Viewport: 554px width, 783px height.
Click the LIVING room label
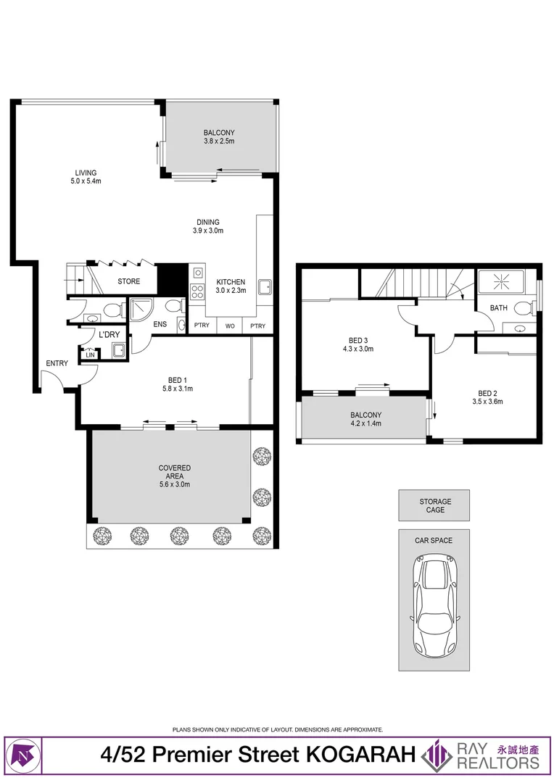86,173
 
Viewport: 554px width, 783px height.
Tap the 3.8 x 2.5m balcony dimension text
219,141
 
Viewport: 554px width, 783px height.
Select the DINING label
208,223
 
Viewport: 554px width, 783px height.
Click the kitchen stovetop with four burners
197,291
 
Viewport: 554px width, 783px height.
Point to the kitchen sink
265,287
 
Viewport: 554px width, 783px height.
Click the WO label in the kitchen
230,326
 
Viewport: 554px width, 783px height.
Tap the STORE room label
129,281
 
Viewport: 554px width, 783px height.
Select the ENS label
160,324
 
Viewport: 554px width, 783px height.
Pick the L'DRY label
109,334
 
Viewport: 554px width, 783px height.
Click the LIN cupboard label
91,355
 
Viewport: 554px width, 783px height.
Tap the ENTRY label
57,363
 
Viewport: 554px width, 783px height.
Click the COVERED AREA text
174,472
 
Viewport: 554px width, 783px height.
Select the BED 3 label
358,341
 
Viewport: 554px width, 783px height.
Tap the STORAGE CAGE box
434,505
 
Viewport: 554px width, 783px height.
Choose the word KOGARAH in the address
360,755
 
